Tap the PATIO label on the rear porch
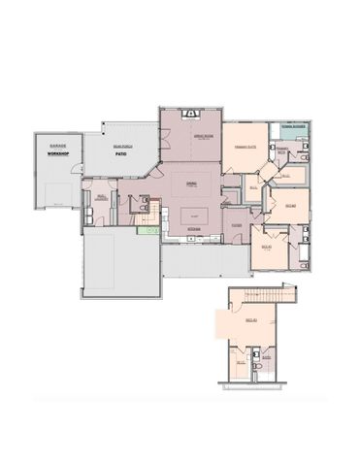121,152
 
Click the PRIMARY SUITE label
245,146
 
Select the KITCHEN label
193,229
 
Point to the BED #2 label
289,205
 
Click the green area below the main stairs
147,229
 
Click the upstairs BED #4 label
249,318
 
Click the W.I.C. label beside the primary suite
253,187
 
